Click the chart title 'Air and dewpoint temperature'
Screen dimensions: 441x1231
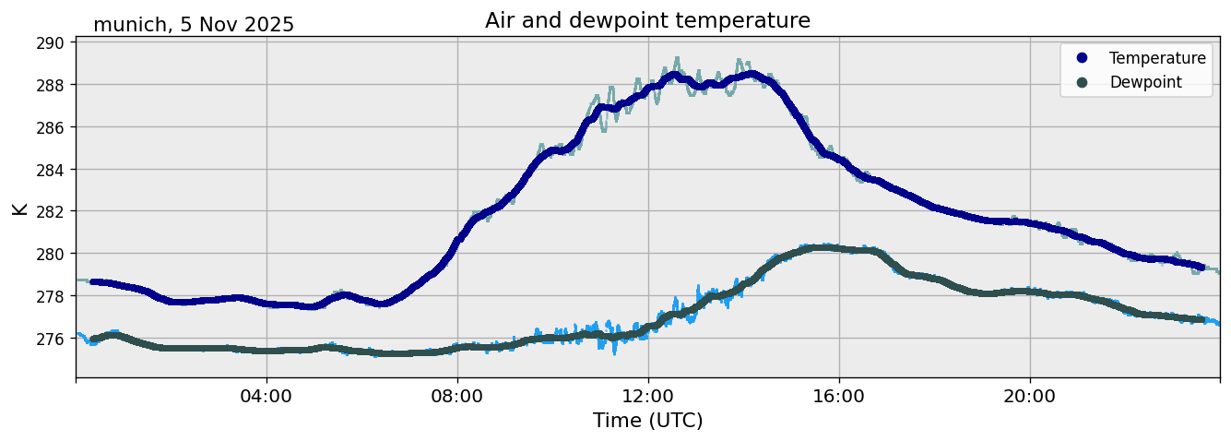(647, 20)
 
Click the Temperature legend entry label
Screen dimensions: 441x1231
(1157, 58)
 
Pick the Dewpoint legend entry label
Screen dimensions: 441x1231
(1145, 82)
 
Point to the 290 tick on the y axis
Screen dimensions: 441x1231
(51, 43)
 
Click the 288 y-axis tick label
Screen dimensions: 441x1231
(51, 85)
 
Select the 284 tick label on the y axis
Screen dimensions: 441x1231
(51, 170)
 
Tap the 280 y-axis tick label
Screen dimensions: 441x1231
(51, 254)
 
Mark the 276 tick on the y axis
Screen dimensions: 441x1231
(51, 339)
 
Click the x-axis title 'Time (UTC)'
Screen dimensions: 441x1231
(647, 422)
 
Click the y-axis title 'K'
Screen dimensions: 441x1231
(19, 209)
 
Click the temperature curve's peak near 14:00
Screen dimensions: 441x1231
(752, 74)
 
